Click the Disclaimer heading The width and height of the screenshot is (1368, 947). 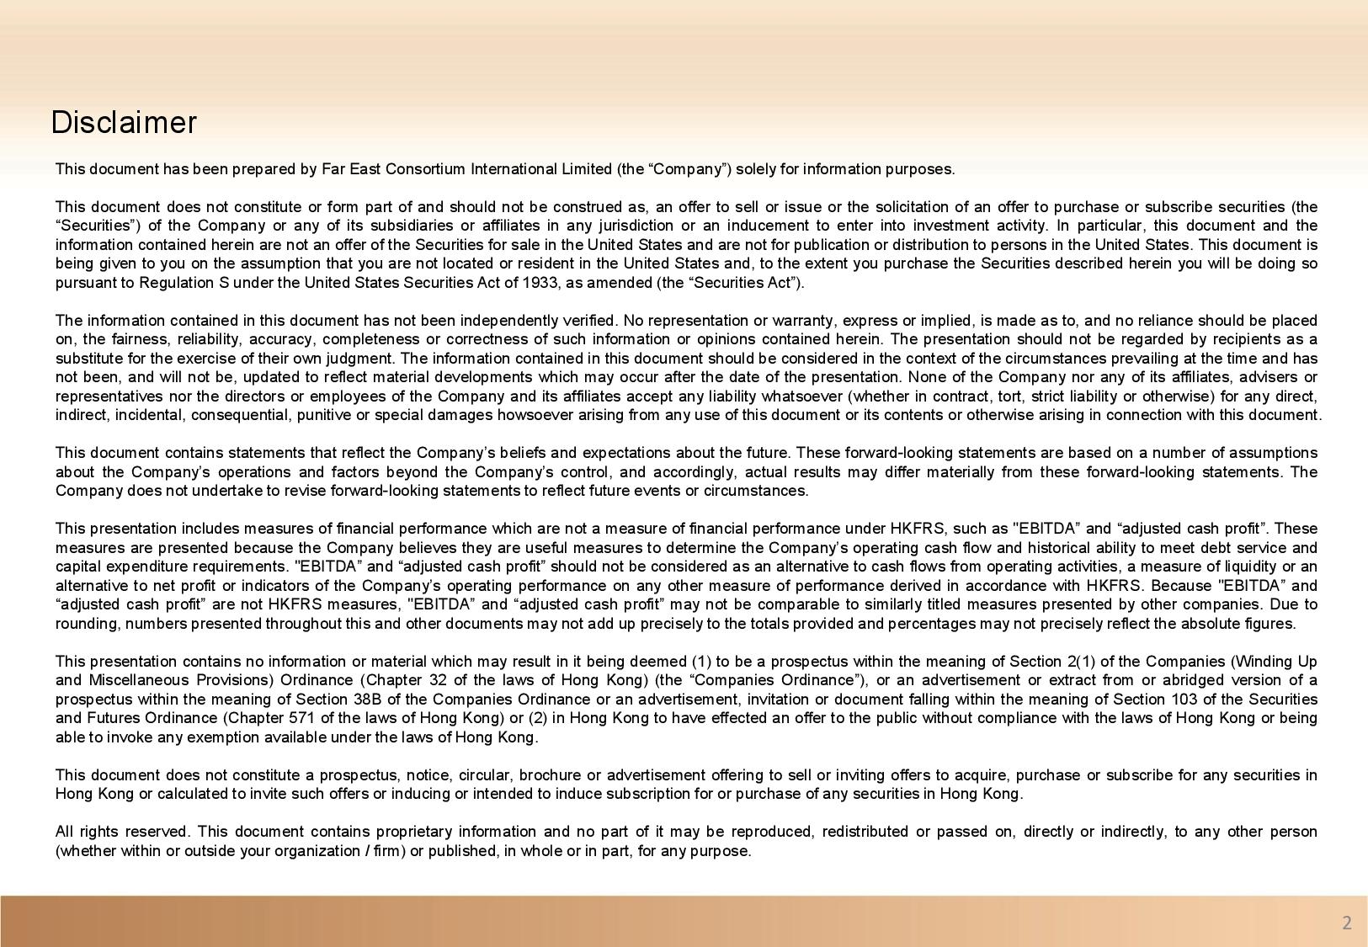coord(124,123)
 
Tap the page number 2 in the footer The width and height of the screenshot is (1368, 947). coord(1346,923)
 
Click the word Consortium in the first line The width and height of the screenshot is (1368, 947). coord(425,169)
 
